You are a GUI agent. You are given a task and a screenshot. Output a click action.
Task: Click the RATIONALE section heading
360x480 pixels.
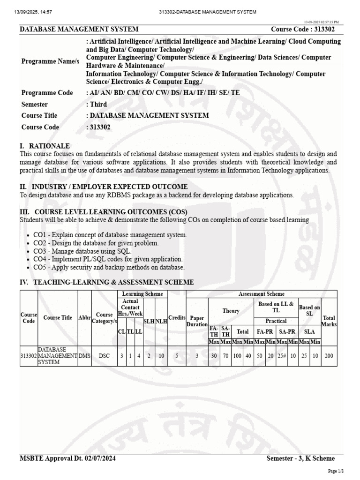pyautogui.click(x=45, y=146)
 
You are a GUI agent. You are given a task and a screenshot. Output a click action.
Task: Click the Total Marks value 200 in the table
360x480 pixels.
pyautogui.click(x=329, y=356)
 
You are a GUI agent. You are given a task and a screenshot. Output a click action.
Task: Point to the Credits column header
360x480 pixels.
pyautogui.click(x=177, y=317)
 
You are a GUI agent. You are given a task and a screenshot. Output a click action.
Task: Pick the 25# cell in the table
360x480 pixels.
pyautogui.click(x=281, y=356)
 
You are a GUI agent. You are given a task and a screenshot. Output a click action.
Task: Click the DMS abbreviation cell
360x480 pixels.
pyautogui.click(x=85, y=356)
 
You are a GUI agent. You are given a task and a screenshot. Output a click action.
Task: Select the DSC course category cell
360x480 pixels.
pyautogui.click(x=104, y=356)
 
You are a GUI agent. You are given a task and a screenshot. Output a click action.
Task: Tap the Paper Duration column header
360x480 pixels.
pyautogui.click(x=197, y=321)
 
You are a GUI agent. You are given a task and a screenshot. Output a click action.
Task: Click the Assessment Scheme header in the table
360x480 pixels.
pyautogui.click(x=261, y=294)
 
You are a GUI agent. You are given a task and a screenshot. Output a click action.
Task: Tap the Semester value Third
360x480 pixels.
pyautogui.click(x=97, y=104)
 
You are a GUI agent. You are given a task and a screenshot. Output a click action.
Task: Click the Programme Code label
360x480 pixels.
pyautogui.click(x=47, y=93)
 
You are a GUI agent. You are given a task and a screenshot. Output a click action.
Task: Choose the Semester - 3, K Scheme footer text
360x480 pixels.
pyautogui.click(x=300, y=458)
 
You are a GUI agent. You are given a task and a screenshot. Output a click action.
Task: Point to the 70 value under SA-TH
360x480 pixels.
pyautogui.click(x=225, y=356)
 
